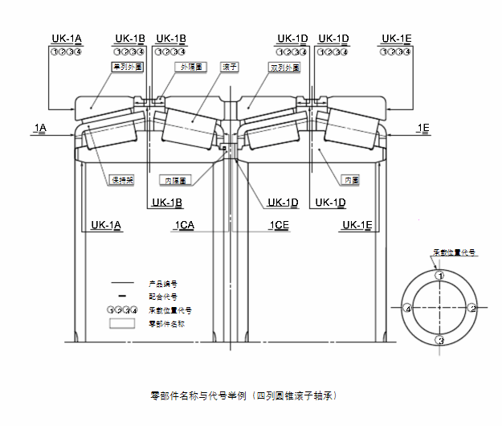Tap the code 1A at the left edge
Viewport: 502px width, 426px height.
click(x=40, y=128)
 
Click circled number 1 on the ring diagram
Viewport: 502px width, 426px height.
click(x=439, y=276)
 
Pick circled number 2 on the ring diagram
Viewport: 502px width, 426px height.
click(x=473, y=308)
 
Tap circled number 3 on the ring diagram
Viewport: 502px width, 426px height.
click(x=440, y=341)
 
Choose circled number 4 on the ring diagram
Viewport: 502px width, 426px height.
click(x=408, y=309)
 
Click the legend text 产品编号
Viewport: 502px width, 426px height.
click(x=163, y=284)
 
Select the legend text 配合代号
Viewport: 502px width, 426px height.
click(x=163, y=297)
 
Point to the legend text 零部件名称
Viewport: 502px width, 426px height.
click(x=166, y=323)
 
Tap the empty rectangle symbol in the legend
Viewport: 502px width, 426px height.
click(x=122, y=323)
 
